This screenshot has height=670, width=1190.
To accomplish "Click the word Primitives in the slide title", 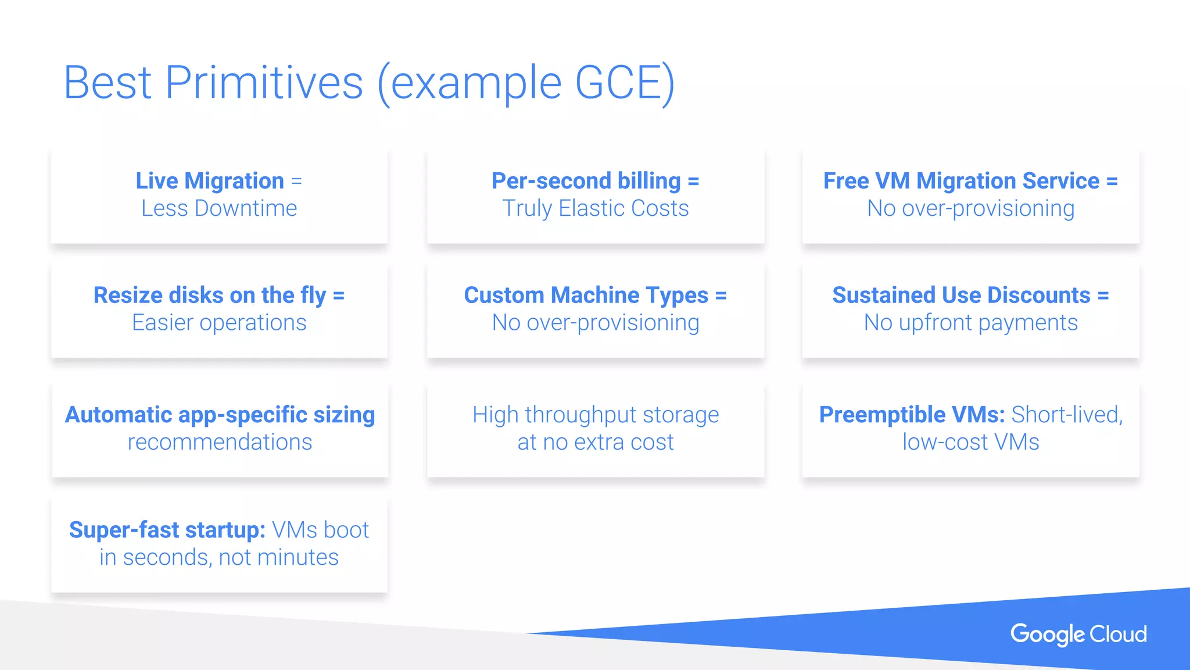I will [264, 83].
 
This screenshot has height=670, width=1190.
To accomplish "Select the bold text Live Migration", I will [210, 181].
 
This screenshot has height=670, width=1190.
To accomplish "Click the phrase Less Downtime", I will [219, 208].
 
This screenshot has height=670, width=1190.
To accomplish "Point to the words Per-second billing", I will [586, 181].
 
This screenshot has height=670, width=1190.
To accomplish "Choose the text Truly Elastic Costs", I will [596, 208].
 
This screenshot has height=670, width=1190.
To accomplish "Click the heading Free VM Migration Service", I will [961, 181].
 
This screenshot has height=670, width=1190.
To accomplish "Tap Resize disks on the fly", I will [210, 295].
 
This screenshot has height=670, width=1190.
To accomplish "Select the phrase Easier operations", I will [219, 323].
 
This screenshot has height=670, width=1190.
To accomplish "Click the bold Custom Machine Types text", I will [586, 295].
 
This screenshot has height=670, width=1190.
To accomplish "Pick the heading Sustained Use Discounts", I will [961, 295].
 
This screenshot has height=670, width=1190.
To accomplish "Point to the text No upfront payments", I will [970, 323].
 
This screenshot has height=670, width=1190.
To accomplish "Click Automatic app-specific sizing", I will [220, 415].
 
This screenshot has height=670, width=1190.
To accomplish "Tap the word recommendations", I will [220, 442].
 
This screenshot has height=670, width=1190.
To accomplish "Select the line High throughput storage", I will [596, 415].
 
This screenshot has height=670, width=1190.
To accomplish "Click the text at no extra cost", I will [596, 442].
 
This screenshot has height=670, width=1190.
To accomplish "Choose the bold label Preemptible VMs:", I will [912, 415].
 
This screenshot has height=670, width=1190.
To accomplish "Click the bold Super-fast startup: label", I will [167, 530].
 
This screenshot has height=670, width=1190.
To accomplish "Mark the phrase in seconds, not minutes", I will [219, 557].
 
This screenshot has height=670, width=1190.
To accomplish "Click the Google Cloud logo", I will [1078, 634].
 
